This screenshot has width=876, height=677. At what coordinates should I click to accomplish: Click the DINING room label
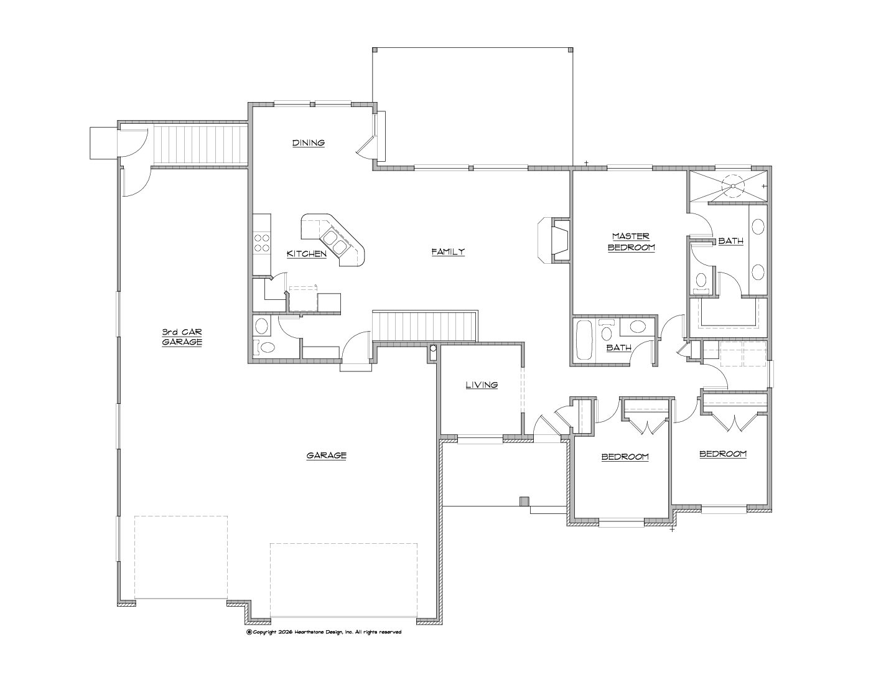click(x=309, y=142)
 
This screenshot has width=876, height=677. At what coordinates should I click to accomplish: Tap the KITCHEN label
click(x=306, y=254)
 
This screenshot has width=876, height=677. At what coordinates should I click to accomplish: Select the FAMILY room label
click(x=448, y=251)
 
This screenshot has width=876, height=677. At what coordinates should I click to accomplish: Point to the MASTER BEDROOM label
click(x=631, y=241)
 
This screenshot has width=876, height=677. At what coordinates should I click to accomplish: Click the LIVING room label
click(x=482, y=385)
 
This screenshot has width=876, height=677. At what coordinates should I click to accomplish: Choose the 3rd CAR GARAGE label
click(x=182, y=337)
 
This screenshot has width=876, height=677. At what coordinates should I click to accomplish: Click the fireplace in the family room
click(x=554, y=241)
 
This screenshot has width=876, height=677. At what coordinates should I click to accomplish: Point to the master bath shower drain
click(x=732, y=185)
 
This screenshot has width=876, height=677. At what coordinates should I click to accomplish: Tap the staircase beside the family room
click(x=424, y=326)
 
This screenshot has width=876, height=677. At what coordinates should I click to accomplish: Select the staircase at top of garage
click(x=200, y=145)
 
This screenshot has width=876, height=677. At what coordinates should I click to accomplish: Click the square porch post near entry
click(x=524, y=501)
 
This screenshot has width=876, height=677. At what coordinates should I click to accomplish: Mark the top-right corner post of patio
click(x=571, y=50)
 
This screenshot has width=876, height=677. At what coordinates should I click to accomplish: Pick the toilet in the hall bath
click(x=605, y=331)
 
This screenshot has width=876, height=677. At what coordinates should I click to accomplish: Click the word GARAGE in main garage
click(x=326, y=455)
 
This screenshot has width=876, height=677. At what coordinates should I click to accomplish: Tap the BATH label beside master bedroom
click(x=731, y=241)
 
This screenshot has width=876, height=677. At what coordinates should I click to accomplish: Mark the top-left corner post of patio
click(x=375, y=50)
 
